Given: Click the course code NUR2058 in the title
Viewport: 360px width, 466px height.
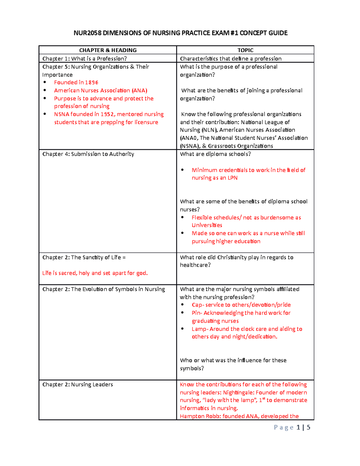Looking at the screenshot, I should [x=87, y=33].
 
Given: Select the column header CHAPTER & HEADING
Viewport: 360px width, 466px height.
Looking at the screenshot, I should [x=108, y=50].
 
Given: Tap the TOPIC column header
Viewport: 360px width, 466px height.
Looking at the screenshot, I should [x=245, y=50].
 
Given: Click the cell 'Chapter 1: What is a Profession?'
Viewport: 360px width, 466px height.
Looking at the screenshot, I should [x=85, y=59].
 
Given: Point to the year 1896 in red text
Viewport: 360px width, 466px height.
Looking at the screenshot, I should [x=91, y=83].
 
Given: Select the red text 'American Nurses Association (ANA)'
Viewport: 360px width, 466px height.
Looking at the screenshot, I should [x=100, y=90].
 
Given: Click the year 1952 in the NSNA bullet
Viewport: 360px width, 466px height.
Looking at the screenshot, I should [x=107, y=114].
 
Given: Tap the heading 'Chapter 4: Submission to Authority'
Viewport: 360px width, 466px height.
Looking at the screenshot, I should [x=88, y=154].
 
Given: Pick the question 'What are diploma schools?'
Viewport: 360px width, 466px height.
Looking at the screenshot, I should [x=215, y=154].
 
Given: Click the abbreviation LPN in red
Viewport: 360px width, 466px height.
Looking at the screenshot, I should [x=232, y=178].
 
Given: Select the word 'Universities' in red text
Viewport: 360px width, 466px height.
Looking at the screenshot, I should [x=207, y=225].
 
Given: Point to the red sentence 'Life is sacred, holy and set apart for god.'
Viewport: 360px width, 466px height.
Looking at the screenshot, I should [x=95, y=273].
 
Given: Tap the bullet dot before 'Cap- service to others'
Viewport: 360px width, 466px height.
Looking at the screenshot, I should [x=182, y=305].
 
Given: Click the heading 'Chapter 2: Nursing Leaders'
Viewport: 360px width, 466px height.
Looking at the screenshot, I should [x=78, y=384].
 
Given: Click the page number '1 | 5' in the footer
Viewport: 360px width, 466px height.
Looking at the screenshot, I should [x=303, y=428].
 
